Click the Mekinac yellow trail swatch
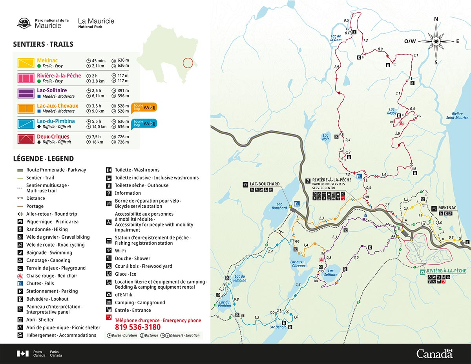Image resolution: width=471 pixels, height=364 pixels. tap(26, 63)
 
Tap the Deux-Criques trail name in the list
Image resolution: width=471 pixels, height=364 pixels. tap(53, 137)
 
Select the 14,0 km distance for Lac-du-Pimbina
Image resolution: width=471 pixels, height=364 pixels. tap(99, 127)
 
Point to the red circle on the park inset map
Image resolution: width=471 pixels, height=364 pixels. tap(188, 63)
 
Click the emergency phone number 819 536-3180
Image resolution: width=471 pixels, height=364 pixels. tap(138, 327)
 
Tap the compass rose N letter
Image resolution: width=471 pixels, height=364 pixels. tap(436, 19)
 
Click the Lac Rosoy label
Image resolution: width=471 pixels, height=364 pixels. tap(392, 111)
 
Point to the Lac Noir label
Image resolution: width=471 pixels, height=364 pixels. tap(325, 137)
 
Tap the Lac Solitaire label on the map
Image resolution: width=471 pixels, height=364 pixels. tap(330, 273)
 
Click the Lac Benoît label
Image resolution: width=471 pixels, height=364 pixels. tap(277, 327)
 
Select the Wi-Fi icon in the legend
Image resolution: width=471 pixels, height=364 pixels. tap(109, 251)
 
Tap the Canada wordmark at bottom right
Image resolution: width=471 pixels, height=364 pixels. tap(434, 354)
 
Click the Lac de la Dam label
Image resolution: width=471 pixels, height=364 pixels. tap(336, 38)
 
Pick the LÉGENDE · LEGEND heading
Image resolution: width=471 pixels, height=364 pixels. tap(43, 159)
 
